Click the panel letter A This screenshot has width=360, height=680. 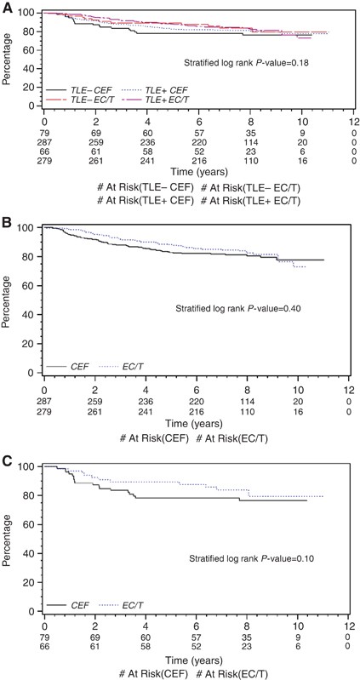7,7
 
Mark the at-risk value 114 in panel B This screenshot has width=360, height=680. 249,400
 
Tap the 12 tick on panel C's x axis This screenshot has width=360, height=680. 347,626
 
